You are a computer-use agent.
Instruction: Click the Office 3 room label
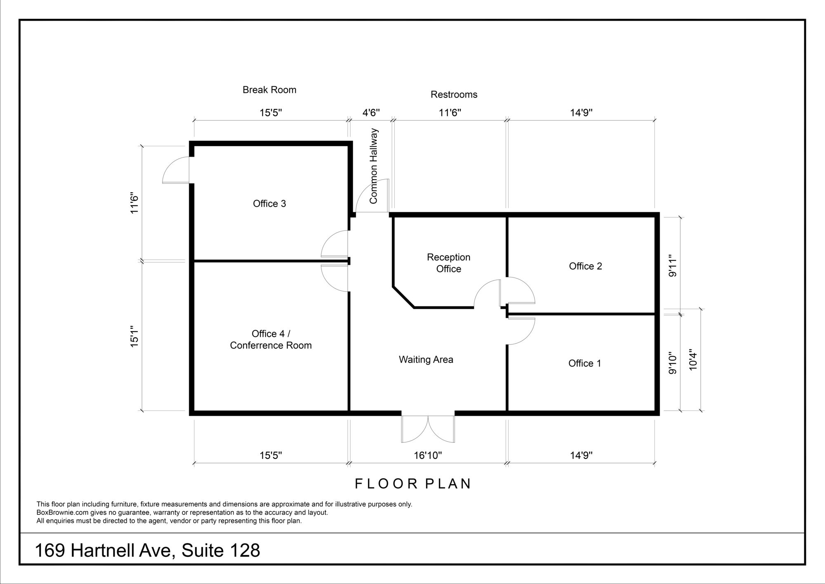click(269, 204)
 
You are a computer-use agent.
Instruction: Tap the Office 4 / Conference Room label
click(271, 339)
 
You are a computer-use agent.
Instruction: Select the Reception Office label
click(448, 263)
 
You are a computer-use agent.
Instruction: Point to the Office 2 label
click(585, 266)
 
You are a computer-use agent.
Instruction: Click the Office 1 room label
click(585, 363)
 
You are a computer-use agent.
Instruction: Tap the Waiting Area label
click(426, 360)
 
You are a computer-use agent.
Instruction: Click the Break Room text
click(269, 90)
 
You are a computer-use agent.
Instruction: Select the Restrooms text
click(454, 95)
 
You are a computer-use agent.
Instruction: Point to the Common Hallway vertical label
click(373, 166)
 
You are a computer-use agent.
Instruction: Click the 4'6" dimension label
click(371, 112)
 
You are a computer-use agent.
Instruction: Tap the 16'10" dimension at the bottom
click(428, 455)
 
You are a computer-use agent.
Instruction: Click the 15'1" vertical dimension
click(134, 337)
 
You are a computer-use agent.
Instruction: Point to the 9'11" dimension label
click(673, 266)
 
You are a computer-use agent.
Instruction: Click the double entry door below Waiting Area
click(428, 429)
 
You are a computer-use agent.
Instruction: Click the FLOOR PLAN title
click(413, 484)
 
